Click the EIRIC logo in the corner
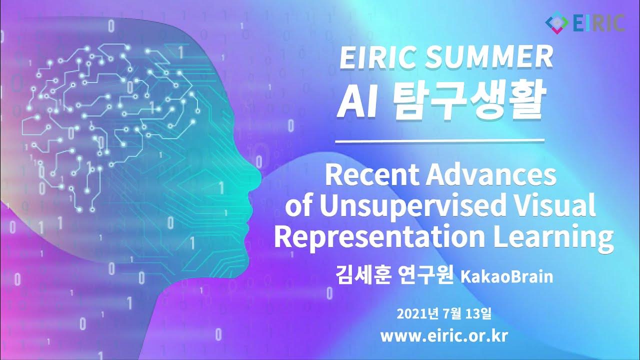click(585, 22)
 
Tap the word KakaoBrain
click(506, 276)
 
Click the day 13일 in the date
click(478, 314)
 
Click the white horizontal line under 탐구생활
click(439, 141)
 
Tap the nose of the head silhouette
click(258, 172)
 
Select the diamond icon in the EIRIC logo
click(556, 22)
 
